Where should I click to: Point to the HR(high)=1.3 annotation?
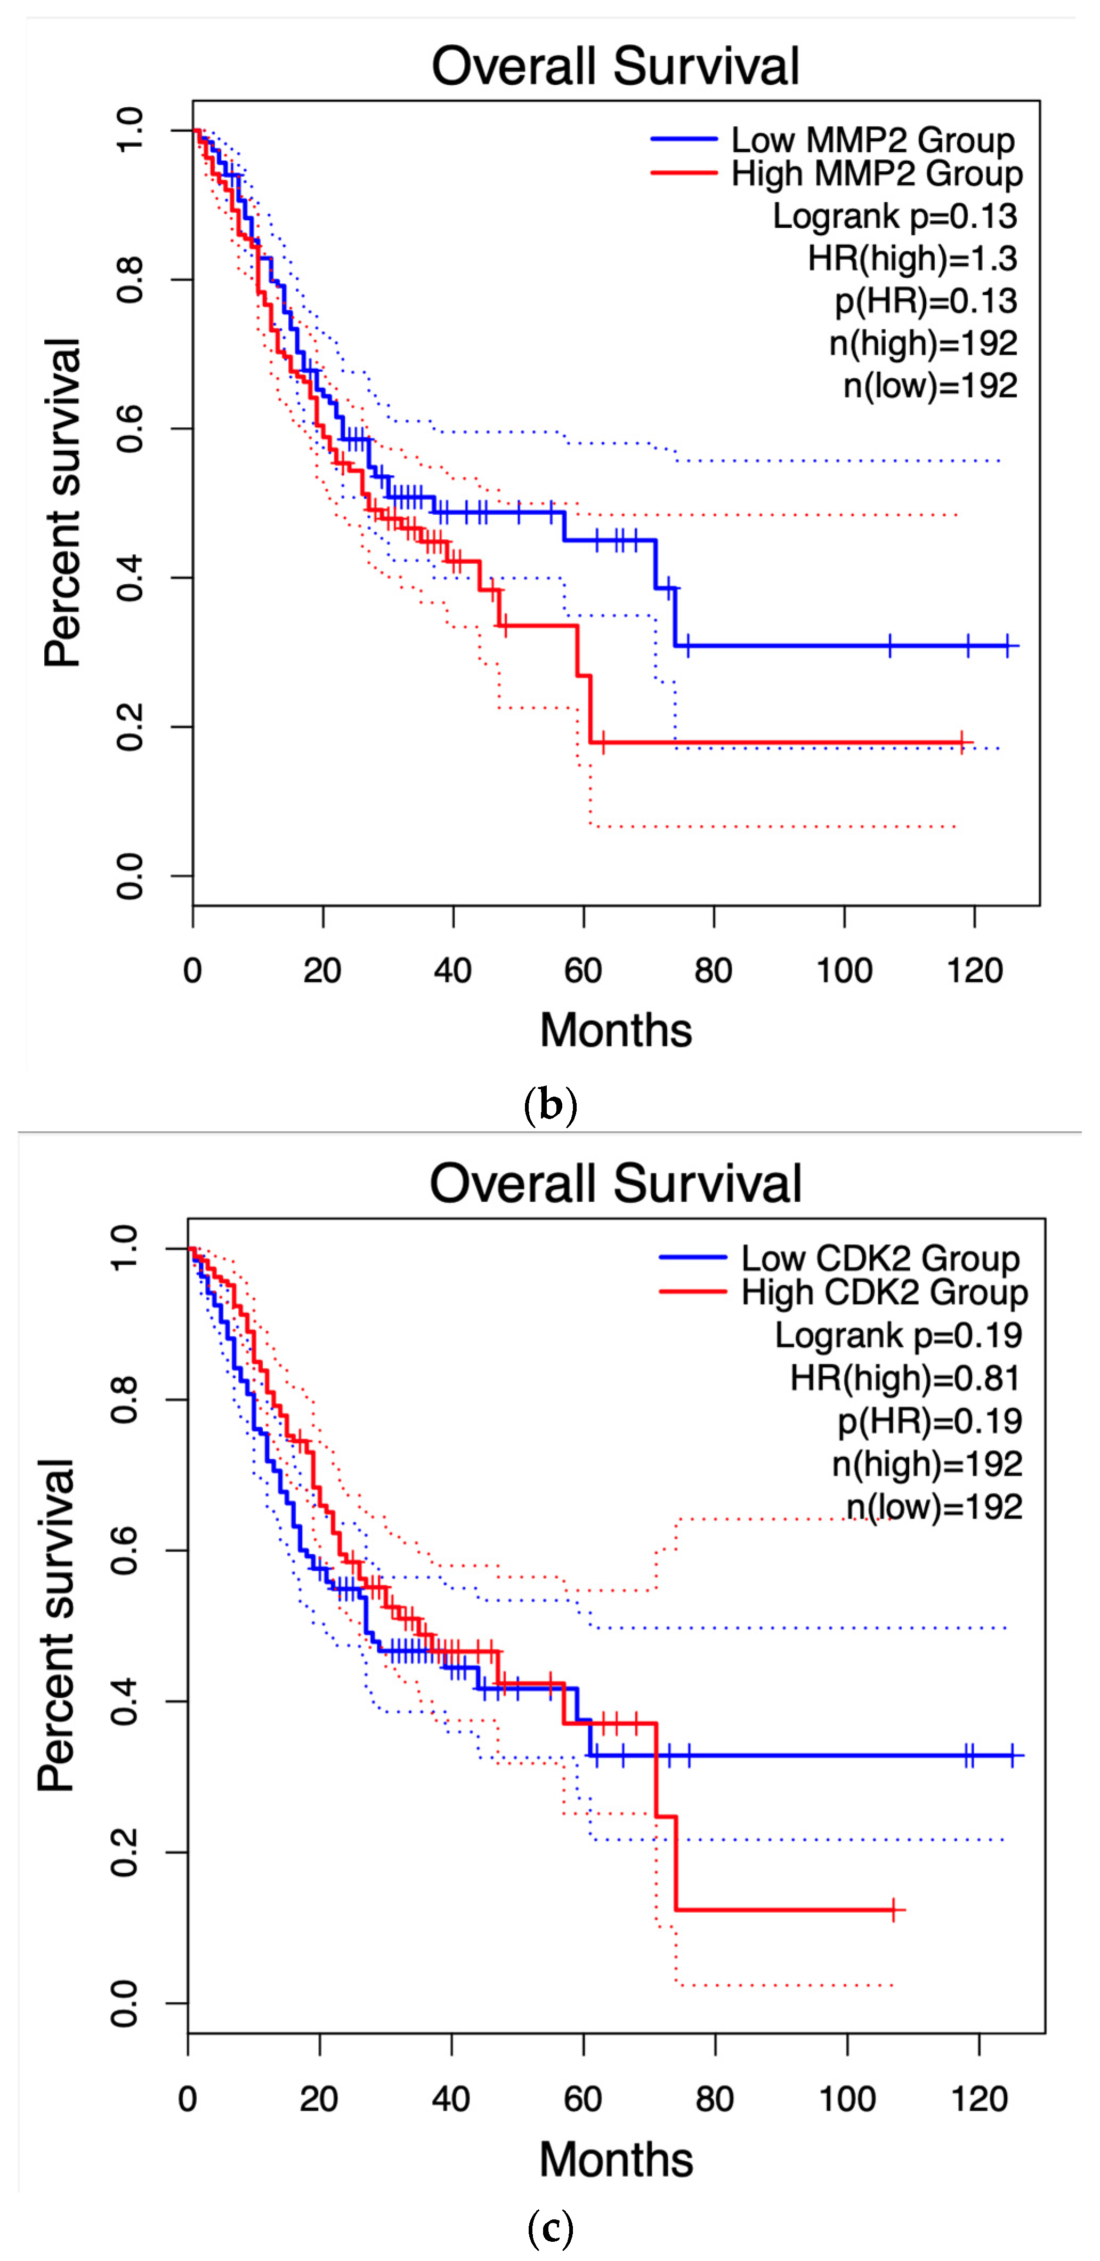click(912, 258)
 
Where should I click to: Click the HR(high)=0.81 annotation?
click(905, 1378)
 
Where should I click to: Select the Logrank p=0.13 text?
click(895, 216)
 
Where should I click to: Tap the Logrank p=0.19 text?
click(898, 1335)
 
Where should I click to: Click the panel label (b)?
click(550, 1104)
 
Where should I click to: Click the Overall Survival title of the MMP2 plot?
click(615, 67)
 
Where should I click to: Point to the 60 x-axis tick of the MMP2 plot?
click(584, 971)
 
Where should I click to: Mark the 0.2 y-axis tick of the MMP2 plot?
click(130, 727)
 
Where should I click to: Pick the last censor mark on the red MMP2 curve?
click(962, 742)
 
